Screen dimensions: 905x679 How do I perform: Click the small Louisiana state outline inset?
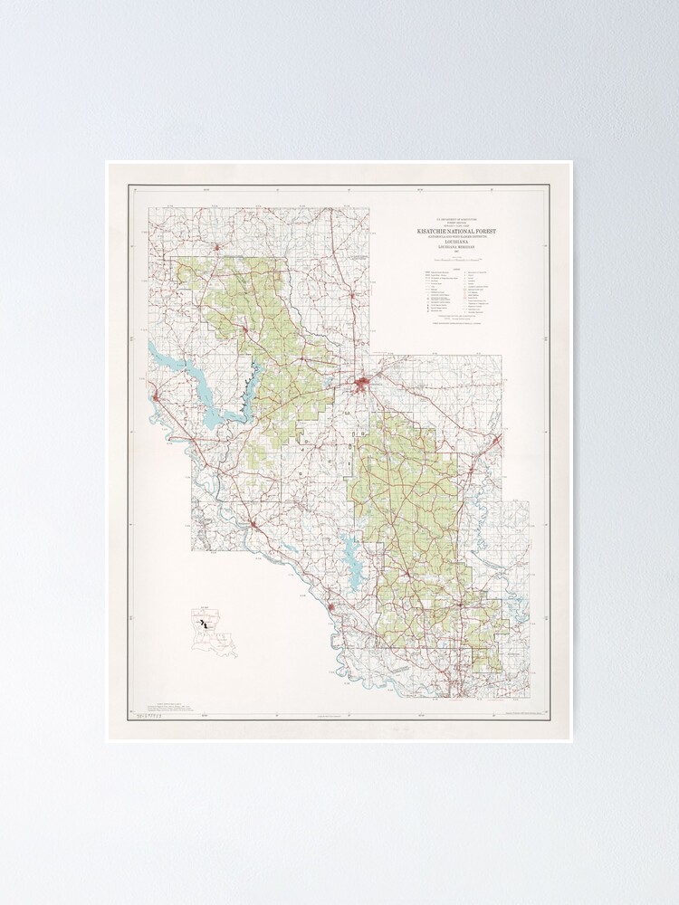(213, 633)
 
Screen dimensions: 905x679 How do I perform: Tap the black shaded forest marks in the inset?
(206, 624)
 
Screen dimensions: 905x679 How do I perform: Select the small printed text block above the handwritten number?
(172, 705)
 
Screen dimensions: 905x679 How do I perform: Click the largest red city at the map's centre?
(364, 388)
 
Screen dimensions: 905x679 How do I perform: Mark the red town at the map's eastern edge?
(496, 441)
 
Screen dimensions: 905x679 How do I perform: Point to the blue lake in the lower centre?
(351, 547)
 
